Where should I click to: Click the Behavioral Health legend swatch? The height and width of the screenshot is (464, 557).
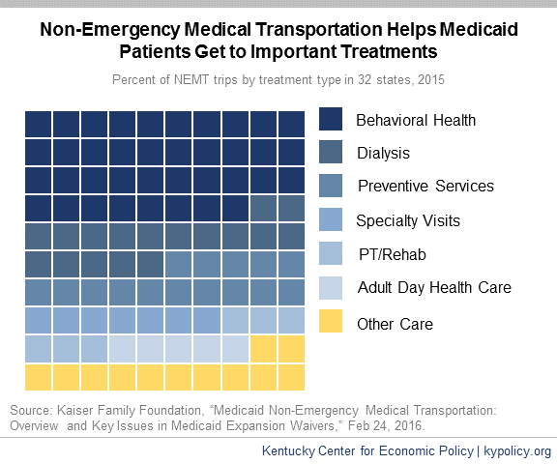pos(331,119)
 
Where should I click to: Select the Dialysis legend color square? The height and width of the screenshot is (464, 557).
pos(331,152)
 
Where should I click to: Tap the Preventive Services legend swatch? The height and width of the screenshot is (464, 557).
pos(331,186)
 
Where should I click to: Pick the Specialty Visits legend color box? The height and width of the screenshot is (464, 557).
pos(331,219)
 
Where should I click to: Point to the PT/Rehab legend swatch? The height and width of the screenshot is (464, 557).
pos(331,253)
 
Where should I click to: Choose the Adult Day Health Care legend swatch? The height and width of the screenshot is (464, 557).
pos(331,288)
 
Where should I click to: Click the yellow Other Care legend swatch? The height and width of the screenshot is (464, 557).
pos(331,321)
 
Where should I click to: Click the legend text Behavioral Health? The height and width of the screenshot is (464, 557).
pos(416,120)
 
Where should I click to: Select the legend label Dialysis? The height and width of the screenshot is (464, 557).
pos(383,154)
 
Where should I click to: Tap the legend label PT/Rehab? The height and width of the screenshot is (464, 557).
pos(393,254)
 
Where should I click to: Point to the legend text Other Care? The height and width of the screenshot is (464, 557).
pos(395,324)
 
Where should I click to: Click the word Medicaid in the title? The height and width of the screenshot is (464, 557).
pos(479,29)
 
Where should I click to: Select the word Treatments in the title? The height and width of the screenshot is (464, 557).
pos(389,51)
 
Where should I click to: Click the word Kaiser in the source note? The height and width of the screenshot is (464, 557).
pos(75,411)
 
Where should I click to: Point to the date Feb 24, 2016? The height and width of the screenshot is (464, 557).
pos(386,425)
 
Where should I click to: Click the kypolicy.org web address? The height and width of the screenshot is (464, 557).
pos(517,451)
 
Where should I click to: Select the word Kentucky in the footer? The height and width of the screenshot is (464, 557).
pos(288,451)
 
